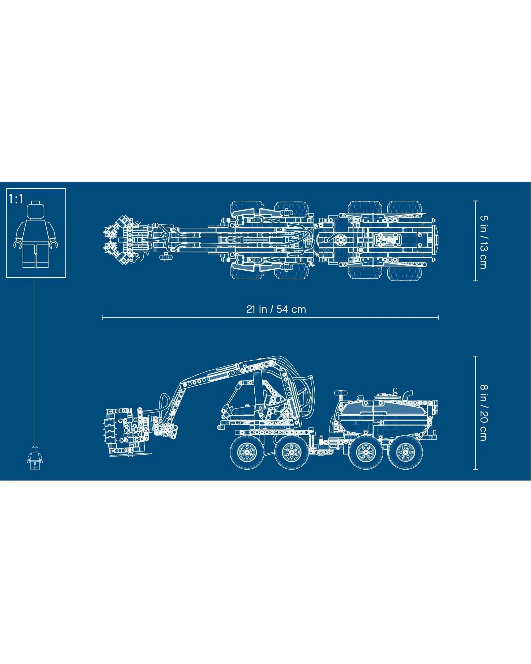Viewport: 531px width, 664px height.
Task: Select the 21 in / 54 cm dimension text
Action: [276, 309]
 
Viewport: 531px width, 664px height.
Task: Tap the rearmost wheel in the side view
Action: [405, 452]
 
